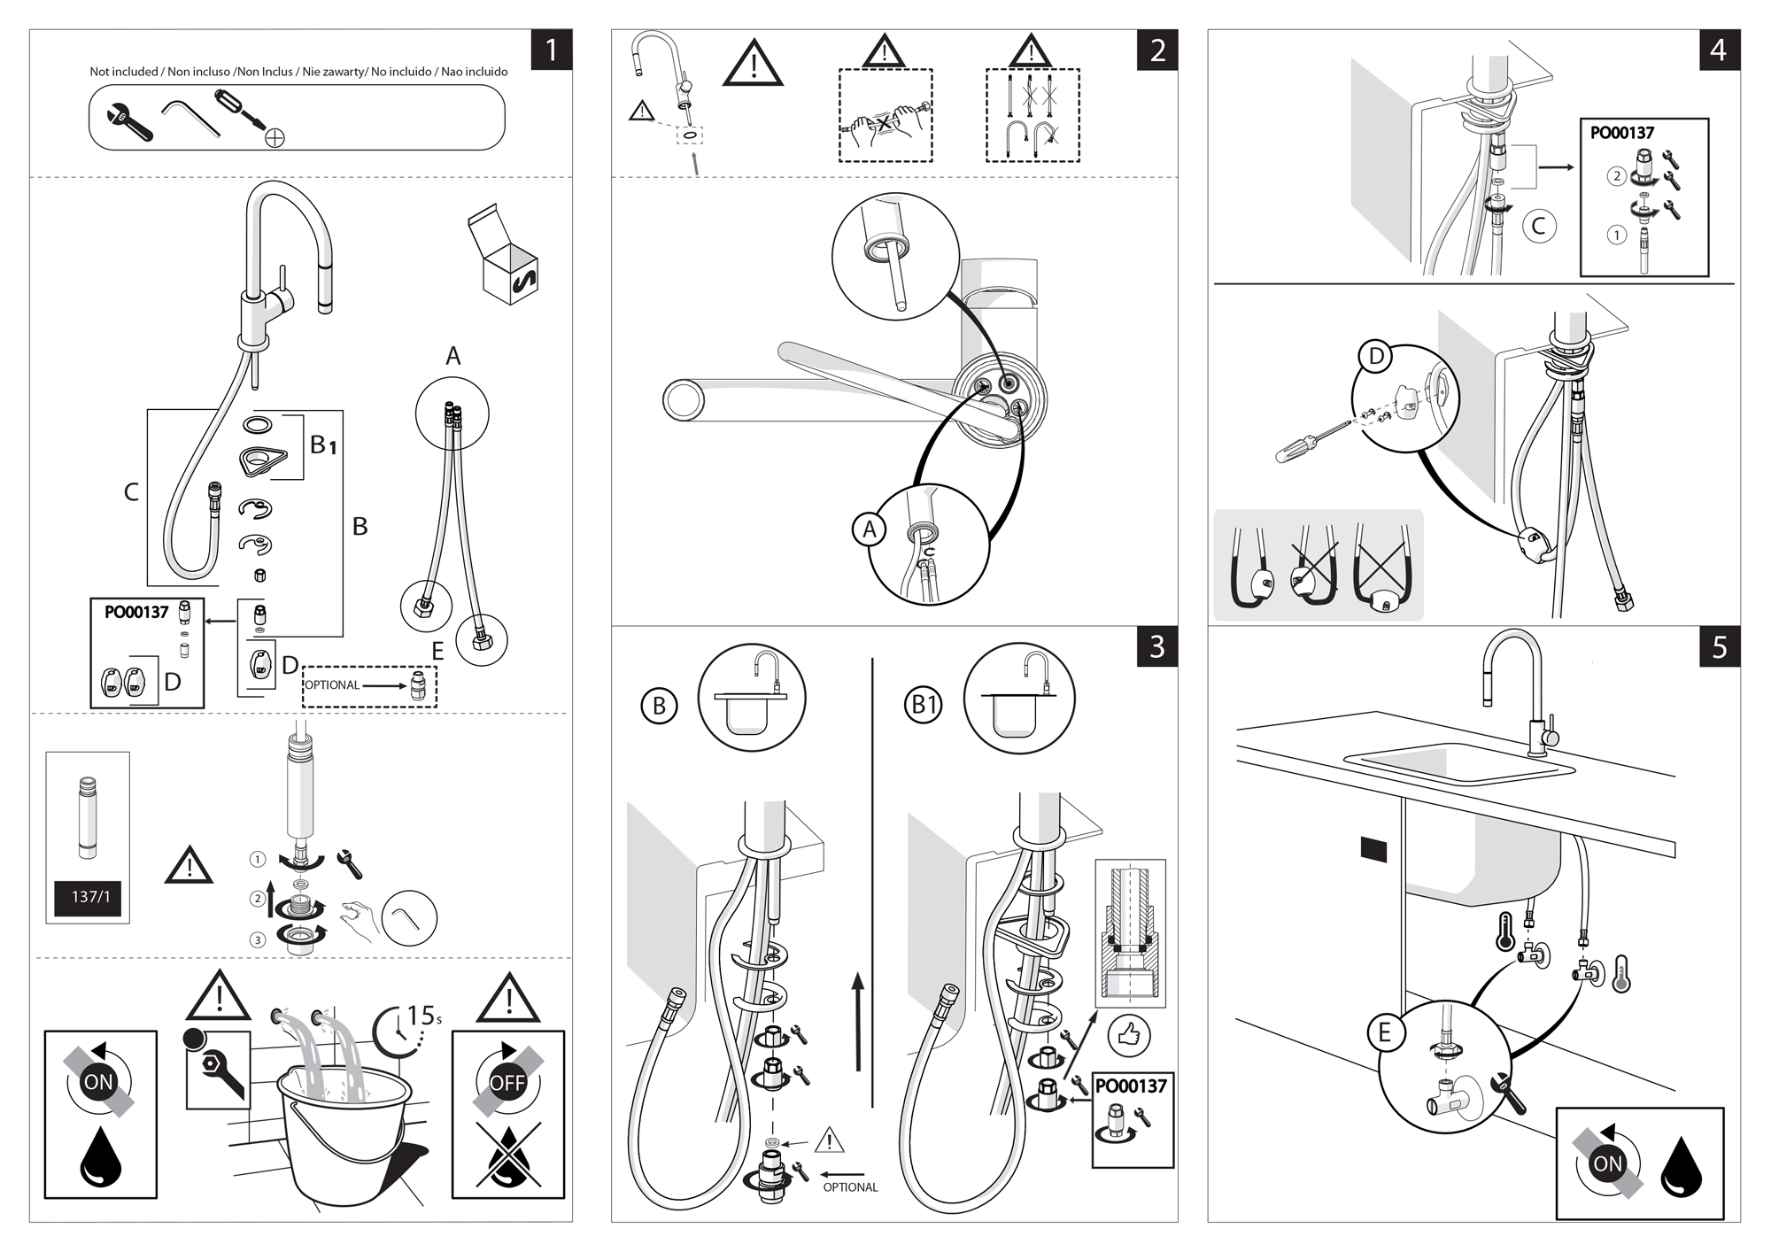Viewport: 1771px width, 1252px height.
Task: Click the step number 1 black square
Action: coord(551,50)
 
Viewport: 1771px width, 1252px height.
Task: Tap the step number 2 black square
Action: coord(1157,50)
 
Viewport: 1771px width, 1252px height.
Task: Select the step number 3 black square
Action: coord(1157,647)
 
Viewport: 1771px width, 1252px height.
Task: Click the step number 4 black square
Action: coord(1719,50)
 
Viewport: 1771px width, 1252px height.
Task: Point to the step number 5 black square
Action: coord(1719,647)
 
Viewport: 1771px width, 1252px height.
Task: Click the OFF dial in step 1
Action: coord(507,1081)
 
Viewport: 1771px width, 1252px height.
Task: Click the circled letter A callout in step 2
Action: coord(870,529)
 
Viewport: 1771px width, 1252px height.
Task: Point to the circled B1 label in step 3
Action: coord(924,705)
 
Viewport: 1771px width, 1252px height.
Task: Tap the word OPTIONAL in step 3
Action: coord(850,1187)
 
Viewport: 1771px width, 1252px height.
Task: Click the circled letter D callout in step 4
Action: coord(1376,357)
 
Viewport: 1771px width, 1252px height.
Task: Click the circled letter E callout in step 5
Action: coord(1384,1032)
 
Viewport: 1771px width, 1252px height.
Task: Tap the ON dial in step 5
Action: coord(1607,1163)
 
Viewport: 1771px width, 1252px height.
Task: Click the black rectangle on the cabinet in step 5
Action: coord(1373,850)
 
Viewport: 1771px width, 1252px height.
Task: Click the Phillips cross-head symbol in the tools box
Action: coord(275,137)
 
